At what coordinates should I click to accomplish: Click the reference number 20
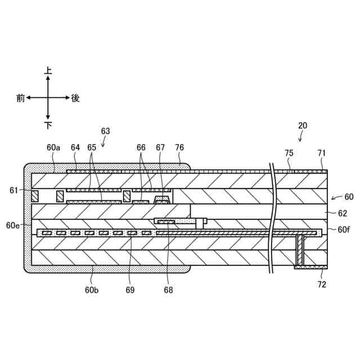click(x=303, y=125)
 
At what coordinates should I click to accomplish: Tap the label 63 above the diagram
click(x=106, y=131)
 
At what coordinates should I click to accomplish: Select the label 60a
click(x=53, y=147)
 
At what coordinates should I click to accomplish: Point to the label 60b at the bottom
click(x=92, y=290)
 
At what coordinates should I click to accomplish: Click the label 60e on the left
click(x=13, y=225)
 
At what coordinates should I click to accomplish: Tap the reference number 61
click(x=14, y=190)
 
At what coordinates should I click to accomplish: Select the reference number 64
click(x=76, y=147)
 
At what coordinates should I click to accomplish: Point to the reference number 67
click(x=161, y=147)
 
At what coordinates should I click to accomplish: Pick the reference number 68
click(x=168, y=290)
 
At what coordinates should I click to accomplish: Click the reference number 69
click(x=130, y=290)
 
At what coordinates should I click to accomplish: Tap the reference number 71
click(x=321, y=153)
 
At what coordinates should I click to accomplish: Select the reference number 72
click(x=322, y=285)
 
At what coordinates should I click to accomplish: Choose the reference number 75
click(x=289, y=153)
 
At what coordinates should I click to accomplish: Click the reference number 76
click(x=179, y=147)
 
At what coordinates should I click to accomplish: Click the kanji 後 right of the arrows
click(x=75, y=98)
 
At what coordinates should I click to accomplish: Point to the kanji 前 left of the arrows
click(x=21, y=98)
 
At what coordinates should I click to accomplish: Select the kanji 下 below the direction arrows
click(x=48, y=124)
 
